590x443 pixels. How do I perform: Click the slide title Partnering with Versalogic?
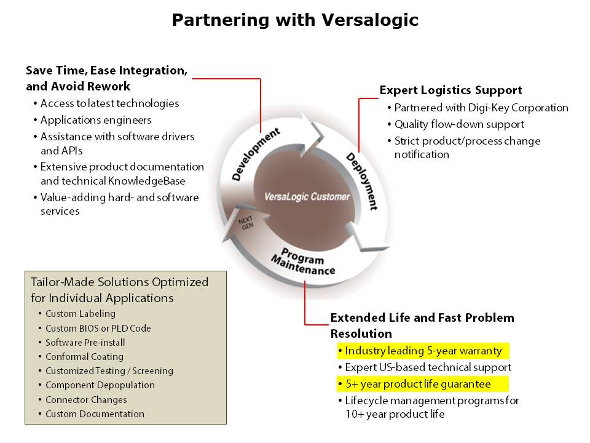click(295, 20)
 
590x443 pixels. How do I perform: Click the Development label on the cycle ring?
click(256, 154)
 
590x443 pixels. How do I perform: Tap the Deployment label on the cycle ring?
click(361, 181)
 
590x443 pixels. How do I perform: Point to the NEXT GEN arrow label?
click(246, 222)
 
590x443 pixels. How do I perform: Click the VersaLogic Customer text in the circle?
click(307, 197)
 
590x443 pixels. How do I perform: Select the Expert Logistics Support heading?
click(450, 90)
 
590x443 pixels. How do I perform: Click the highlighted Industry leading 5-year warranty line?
click(423, 351)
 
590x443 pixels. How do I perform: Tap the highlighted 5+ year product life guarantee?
click(418, 384)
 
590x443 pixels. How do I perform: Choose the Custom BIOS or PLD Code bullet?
click(98, 328)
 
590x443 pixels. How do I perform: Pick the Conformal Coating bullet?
click(84, 356)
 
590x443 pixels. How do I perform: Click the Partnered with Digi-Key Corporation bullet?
click(481, 108)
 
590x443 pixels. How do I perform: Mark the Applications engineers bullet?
click(96, 119)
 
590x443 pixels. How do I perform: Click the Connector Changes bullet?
click(85, 399)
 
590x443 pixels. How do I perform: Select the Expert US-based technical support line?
click(428, 367)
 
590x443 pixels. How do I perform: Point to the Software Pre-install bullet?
click(85, 342)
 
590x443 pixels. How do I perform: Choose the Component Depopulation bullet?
click(100, 385)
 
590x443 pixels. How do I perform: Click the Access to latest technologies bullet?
click(109, 103)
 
